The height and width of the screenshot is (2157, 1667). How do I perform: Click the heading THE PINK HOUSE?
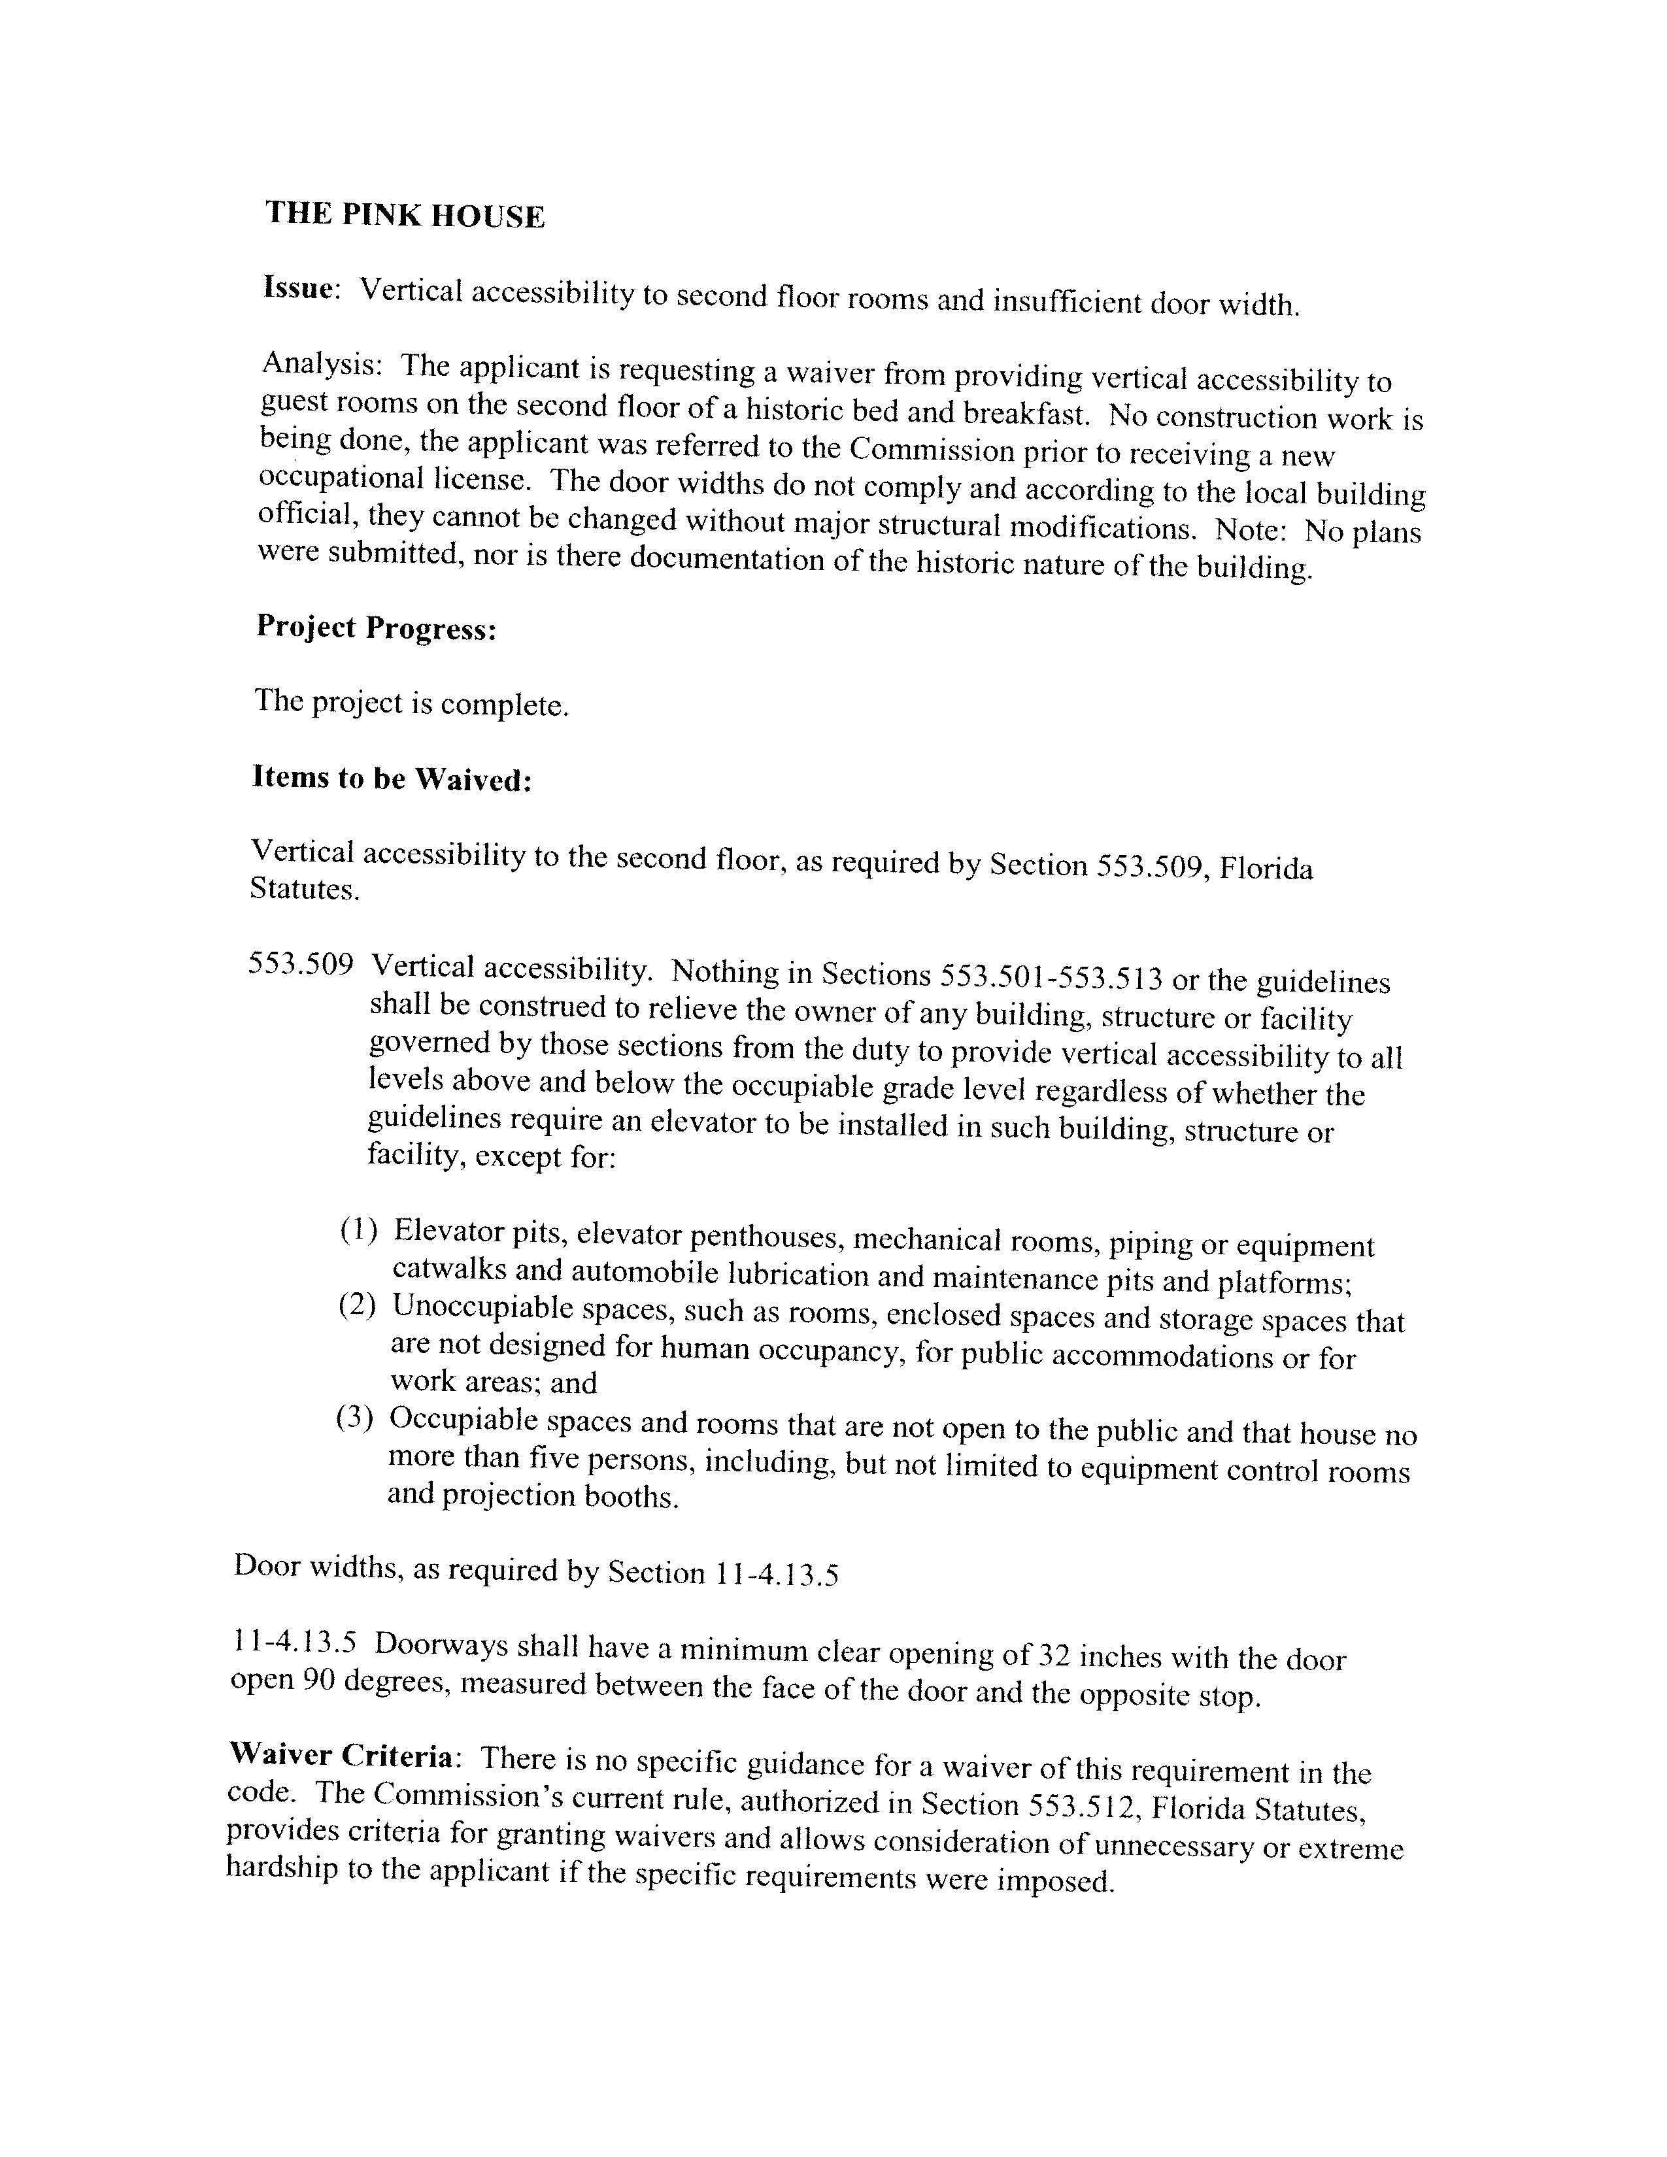[x=405, y=215]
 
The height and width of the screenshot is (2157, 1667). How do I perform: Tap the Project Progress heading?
[x=375, y=627]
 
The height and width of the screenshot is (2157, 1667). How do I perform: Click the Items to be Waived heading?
[x=392, y=778]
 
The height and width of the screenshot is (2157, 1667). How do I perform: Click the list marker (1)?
[x=358, y=1231]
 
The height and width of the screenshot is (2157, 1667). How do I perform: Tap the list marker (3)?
[x=354, y=1419]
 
